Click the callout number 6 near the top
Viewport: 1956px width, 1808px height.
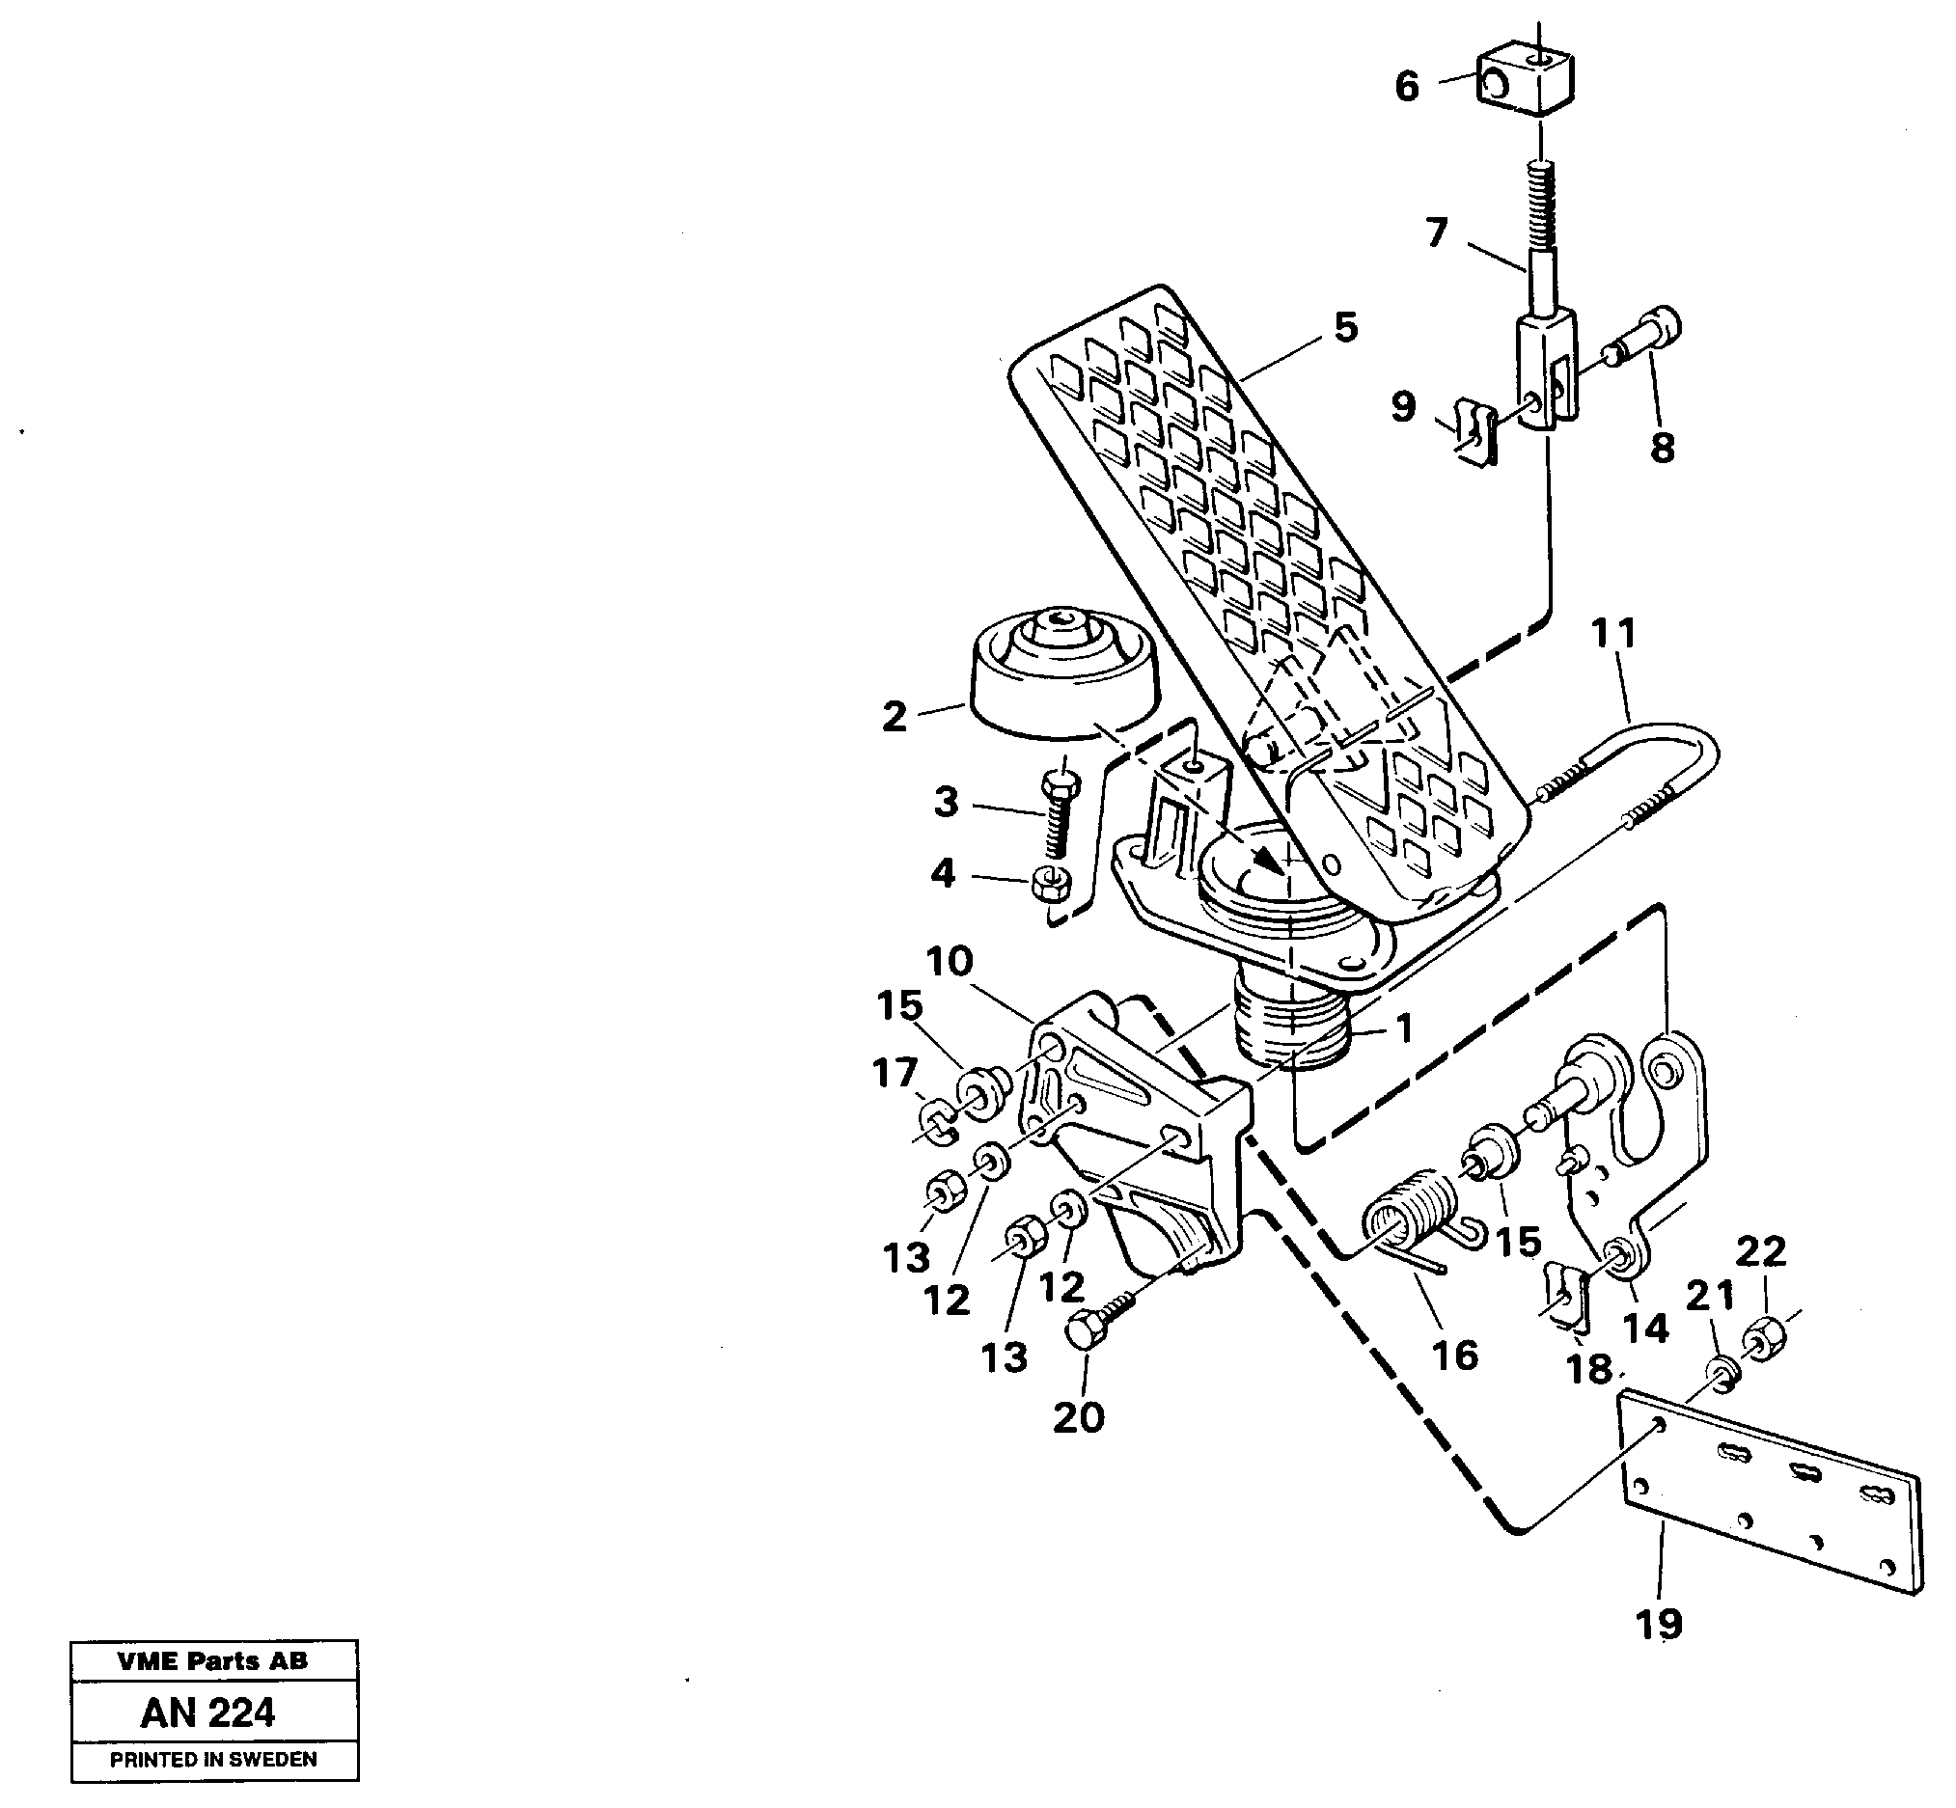(x=1407, y=87)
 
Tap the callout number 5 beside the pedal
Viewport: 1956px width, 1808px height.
(x=1346, y=328)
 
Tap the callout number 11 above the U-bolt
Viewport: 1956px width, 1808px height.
(x=1612, y=634)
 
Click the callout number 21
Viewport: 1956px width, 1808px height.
(x=1709, y=1297)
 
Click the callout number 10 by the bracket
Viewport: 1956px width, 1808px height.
(x=949, y=962)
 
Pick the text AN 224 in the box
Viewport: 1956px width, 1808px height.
(x=208, y=1712)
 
